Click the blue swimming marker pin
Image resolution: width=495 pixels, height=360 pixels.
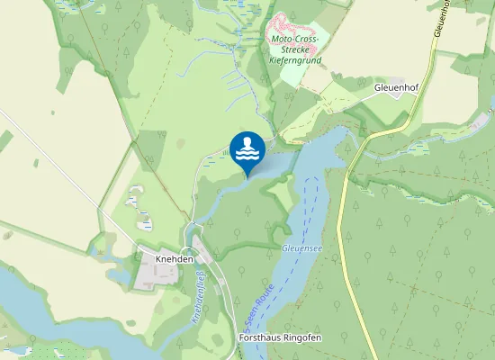click(x=247, y=149)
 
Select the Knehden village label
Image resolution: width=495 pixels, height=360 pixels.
click(x=161, y=257)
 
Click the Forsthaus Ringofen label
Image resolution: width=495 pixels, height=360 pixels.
click(x=281, y=337)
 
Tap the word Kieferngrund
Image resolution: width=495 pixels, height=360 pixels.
click(x=295, y=61)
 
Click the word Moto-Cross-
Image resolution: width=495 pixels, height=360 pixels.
click(x=295, y=40)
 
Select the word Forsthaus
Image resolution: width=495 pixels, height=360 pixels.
click(x=260, y=337)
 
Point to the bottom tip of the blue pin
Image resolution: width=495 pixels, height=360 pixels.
click(x=247, y=176)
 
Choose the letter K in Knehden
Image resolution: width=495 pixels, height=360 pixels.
click(x=145, y=257)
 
